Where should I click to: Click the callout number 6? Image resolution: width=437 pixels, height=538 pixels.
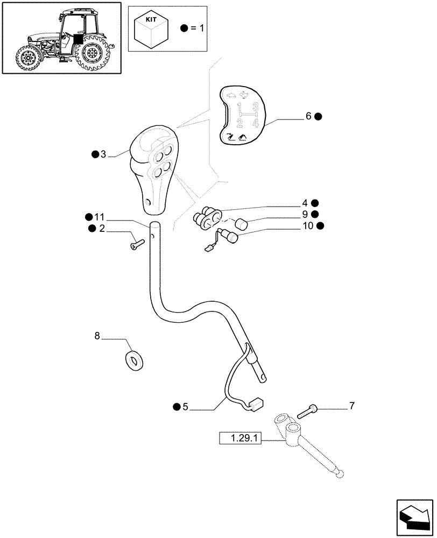(308, 116)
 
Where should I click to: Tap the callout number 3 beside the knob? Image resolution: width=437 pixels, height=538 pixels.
(103, 155)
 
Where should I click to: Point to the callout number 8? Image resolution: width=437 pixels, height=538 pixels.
(97, 336)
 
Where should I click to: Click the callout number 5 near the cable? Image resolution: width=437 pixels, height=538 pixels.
(185, 407)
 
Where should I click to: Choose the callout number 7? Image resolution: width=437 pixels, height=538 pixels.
(352, 406)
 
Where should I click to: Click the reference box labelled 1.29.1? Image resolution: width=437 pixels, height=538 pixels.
(241, 440)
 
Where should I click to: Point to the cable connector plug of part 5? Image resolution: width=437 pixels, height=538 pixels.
(257, 402)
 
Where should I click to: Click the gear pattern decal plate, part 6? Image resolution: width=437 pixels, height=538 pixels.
(241, 116)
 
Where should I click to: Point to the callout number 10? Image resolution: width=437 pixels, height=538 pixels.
(308, 226)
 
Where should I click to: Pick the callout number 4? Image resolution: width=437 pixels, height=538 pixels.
(305, 203)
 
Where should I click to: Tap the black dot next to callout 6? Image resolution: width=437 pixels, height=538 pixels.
(318, 116)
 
